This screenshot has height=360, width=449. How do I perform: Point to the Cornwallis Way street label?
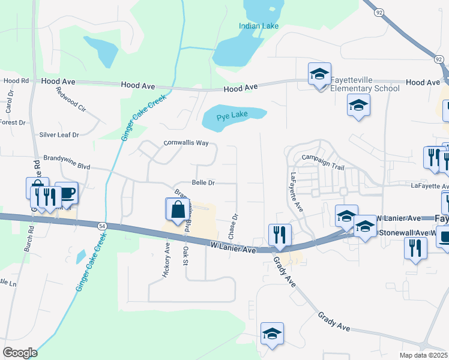(x=186, y=143)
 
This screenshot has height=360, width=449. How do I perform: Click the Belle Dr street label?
(x=203, y=182)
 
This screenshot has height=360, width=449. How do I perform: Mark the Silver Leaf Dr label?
(x=59, y=135)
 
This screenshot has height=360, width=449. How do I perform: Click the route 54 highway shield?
(x=102, y=225)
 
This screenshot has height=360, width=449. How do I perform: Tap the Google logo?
(x=19, y=353)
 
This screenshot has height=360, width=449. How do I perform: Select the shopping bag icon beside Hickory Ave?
(x=178, y=209)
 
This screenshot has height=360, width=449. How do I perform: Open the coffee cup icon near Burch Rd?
(x=66, y=193)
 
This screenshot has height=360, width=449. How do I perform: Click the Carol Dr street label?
(x=9, y=103)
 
